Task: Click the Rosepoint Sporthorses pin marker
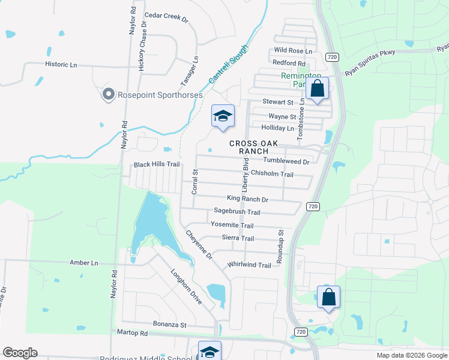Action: [x=108, y=94]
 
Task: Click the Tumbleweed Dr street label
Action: [x=286, y=161]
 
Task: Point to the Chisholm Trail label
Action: [x=272, y=174]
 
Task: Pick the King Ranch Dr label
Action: [x=247, y=199]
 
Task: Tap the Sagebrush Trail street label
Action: [x=237, y=212]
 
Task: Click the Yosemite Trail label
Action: [x=232, y=224]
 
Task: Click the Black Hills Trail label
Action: [x=157, y=164]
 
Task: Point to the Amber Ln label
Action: [x=83, y=263]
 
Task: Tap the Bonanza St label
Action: [x=170, y=325]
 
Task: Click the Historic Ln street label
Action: [x=61, y=64]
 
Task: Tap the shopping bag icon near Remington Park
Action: [x=317, y=89]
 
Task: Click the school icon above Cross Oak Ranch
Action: [x=222, y=116]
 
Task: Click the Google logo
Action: [x=20, y=353]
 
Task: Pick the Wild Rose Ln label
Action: [x=293, y=51]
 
